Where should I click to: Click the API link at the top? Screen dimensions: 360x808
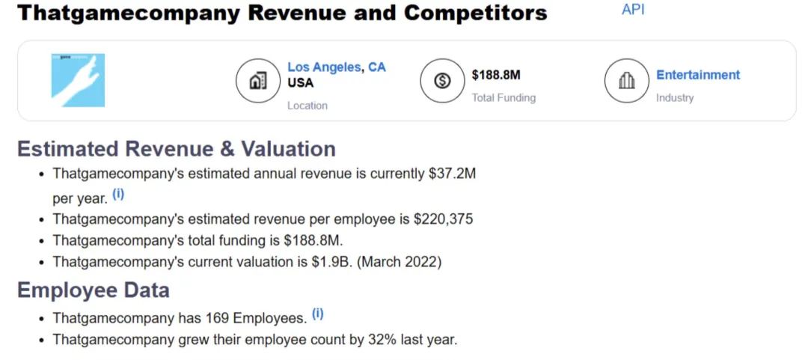[x=633, y=10]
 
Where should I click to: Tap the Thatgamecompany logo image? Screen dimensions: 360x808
[x=78, y=80]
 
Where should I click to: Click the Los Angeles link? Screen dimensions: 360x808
[x=325, y=67]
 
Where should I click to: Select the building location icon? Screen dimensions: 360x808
[x=257, y=80]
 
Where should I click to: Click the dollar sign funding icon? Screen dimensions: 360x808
[x=441, y=80]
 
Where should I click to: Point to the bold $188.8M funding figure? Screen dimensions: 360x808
[x=496, y=75]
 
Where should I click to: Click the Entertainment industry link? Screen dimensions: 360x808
[x=698, y=75]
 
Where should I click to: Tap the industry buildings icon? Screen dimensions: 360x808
[x=626, y=80]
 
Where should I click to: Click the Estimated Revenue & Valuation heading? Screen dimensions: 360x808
[x=177, y=149]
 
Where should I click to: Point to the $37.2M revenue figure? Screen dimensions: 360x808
[x=452, y=174]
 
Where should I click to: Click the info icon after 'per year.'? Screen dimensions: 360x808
[x=118, y=194]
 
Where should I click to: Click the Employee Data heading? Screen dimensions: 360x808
[x=94, y=290]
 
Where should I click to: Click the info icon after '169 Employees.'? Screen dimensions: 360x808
[x=318, y=314]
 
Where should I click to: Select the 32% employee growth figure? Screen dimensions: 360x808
[x=382, y=339]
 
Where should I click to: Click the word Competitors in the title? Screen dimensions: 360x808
[x=475, y=13]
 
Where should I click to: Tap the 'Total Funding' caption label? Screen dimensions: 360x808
[x=504, y=97]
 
